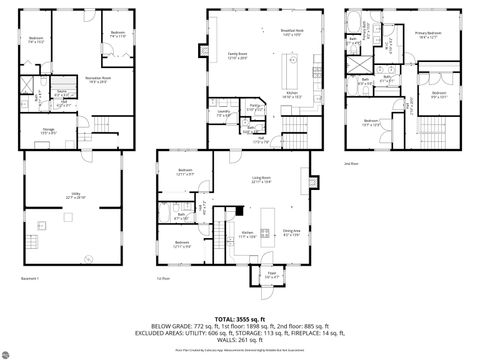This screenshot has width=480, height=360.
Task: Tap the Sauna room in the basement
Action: coord(62,92)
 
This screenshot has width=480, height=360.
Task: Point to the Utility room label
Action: coord(74,197)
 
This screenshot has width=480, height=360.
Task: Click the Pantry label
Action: coord(255,106)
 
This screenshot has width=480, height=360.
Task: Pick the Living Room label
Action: coord(262,181)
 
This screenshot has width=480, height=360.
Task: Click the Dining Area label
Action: coord(292,232)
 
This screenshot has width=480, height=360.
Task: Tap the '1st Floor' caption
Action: coord(164,279)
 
